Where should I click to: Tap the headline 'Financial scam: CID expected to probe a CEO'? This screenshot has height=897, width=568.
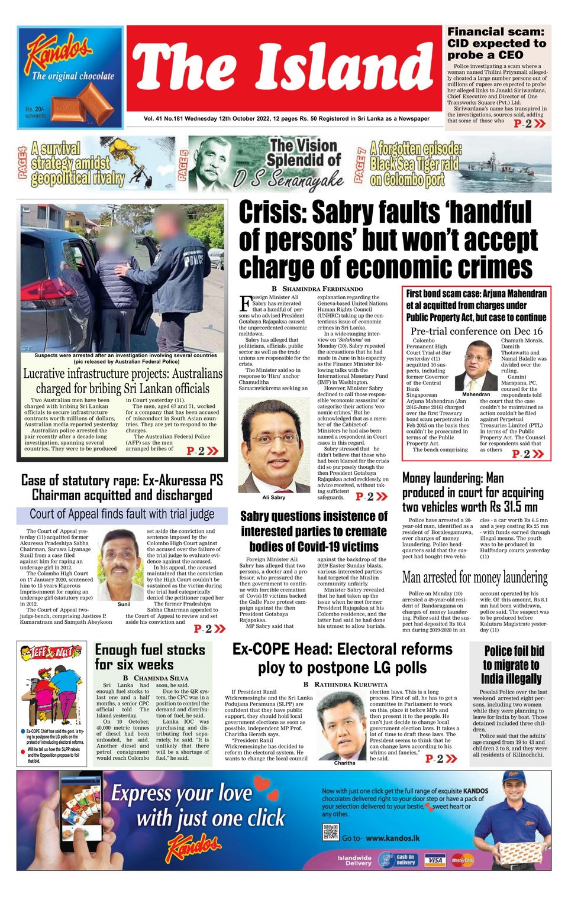[496, 43]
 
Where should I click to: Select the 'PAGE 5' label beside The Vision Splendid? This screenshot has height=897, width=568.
[183, 164]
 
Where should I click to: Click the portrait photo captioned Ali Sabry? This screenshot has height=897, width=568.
[274, 445]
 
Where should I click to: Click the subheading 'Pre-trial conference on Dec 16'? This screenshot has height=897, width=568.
[476, 331]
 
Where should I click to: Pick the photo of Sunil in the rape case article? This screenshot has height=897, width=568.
[123, 565]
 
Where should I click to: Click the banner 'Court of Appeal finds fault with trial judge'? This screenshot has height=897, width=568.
[122, 514]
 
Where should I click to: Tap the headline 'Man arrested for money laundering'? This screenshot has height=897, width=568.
[475, 577]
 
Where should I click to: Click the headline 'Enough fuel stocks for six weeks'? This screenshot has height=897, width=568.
[150, 657]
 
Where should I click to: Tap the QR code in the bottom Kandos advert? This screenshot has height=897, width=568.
[330, 833]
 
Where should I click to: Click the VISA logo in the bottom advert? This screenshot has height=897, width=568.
[435, 860]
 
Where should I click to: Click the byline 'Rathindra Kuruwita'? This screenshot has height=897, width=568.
[346, 684]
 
